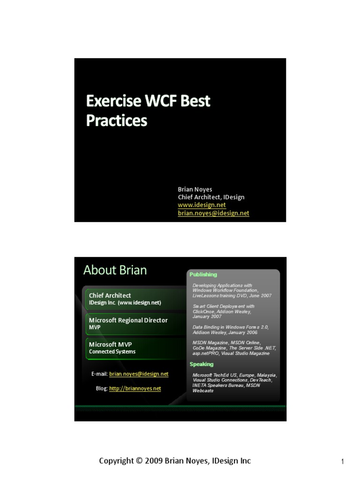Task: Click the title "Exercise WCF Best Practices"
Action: point(148,111)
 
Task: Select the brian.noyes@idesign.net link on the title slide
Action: point(213,213)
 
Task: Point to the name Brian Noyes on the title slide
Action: point(195,189)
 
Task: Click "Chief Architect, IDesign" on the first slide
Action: point(211,197)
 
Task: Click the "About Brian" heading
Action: point(115,270)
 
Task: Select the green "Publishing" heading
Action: point(203,275)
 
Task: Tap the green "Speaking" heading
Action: point(201,364)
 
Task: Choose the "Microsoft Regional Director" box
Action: point(128,322)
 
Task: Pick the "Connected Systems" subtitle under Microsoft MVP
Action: point(112,352)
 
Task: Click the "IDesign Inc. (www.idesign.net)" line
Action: point(125,303)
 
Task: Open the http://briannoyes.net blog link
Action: point(135,389)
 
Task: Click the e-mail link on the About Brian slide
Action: point(139,374)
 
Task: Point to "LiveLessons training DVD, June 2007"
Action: point(232,296)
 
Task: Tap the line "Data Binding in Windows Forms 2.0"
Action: point(230,327)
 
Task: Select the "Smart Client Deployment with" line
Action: point(224,306)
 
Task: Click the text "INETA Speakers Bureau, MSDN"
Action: point(226,385)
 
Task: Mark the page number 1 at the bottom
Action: point(343,462)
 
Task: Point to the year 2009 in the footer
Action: point(153,461)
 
